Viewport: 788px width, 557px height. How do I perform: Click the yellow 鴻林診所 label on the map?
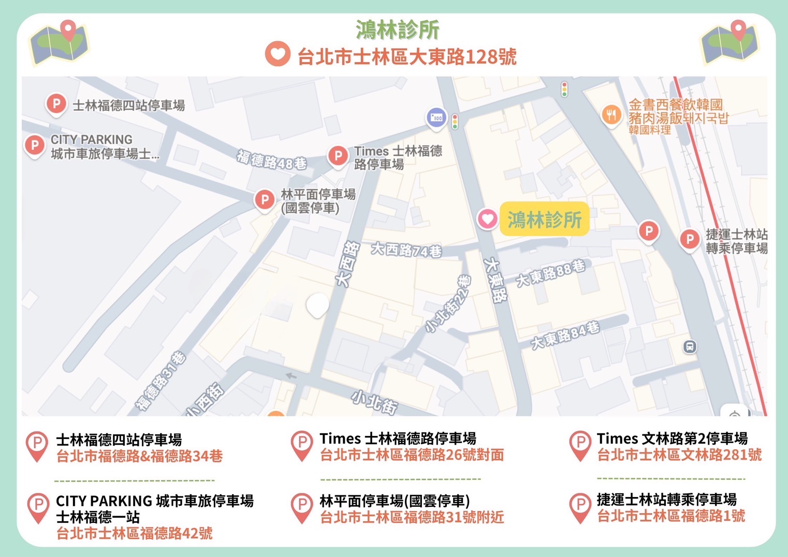pos(544,219)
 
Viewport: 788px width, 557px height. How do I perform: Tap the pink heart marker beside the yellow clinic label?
pos(487,219)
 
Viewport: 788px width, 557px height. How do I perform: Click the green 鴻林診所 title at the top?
pos(397,30)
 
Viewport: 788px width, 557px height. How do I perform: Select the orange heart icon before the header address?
pos(278,54)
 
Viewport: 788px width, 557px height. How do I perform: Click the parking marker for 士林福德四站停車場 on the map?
pos(56,104)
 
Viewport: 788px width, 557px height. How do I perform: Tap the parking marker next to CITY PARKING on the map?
pos(35,145)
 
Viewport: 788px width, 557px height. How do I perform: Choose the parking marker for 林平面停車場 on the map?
pos(265,199)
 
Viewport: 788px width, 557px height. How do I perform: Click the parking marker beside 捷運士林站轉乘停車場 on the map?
pos(689,239)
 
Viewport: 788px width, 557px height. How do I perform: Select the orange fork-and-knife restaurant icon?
pos(611,114)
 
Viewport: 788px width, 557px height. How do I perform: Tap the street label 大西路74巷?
pos(406,250)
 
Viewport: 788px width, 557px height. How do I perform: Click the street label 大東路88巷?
pos(550,273)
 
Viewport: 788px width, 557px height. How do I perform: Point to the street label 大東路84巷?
pos(565,335)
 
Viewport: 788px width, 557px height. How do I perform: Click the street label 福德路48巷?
pos(272,160)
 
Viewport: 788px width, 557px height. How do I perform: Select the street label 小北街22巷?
pos(448,303)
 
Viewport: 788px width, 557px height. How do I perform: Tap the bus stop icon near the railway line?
pos(689,347)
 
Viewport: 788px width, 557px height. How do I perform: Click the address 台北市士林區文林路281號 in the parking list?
pos(679,455)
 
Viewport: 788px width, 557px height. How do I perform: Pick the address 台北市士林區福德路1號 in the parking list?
pos(671,516)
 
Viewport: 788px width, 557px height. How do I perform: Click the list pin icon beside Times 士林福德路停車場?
pos(302,445)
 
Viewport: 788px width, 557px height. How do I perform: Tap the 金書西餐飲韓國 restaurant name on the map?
pos(676,105)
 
